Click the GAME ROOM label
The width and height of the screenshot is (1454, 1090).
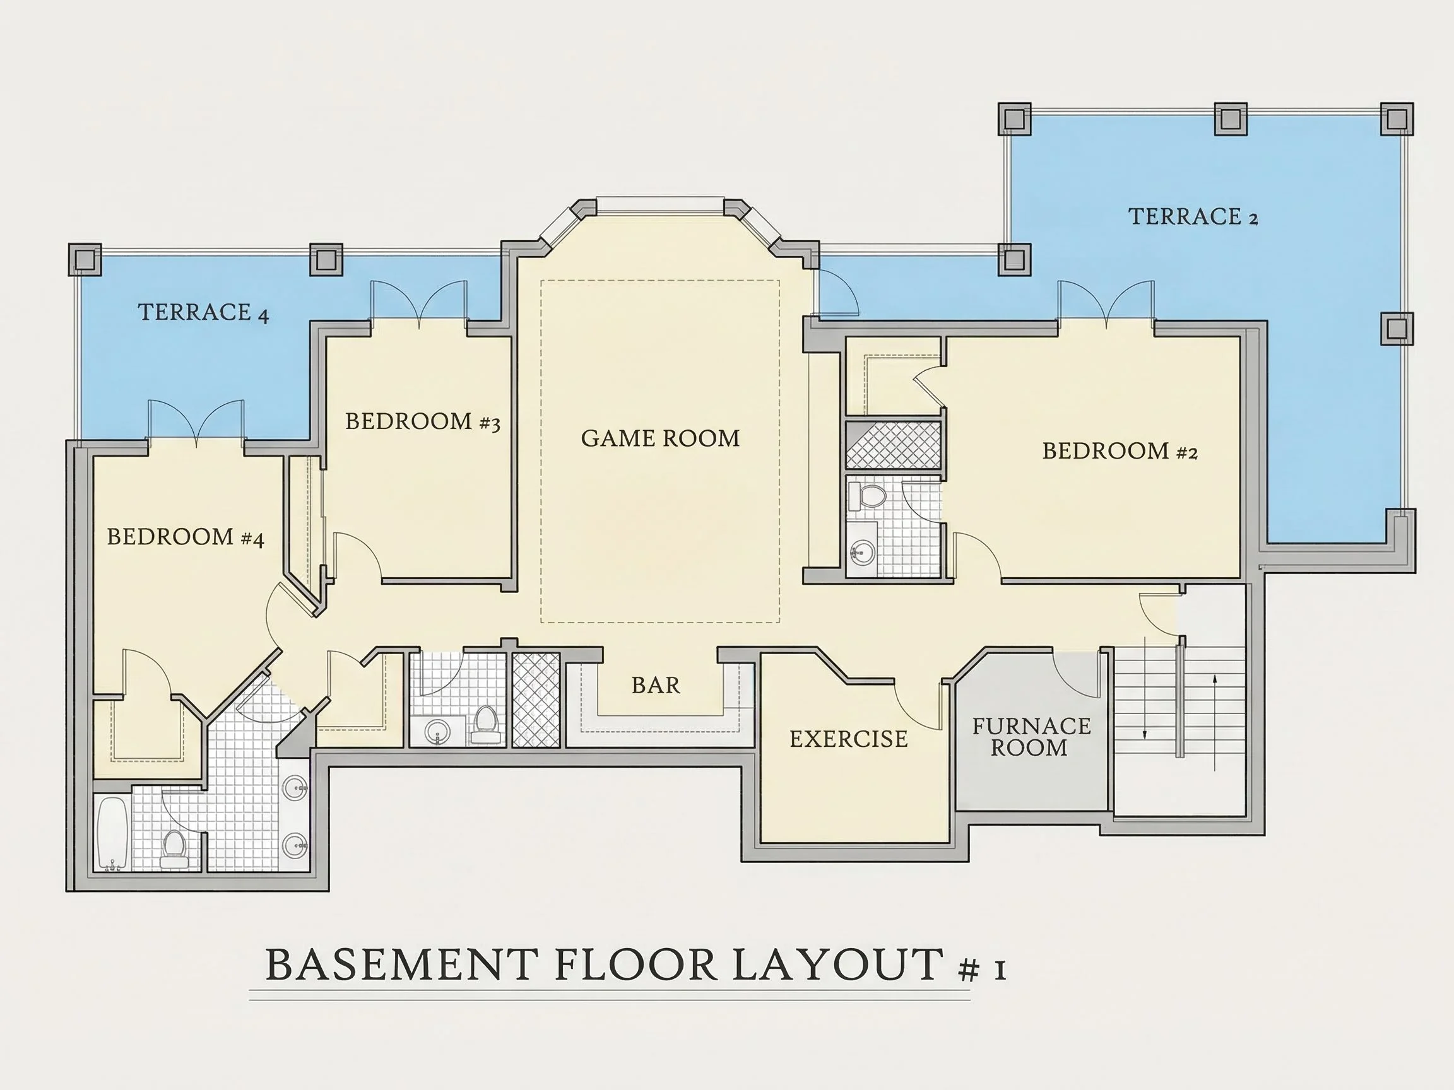(x=661, y=438)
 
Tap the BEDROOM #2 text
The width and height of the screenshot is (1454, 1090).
(x=1120, y=451)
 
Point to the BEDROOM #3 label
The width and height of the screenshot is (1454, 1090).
(x=423, y=421)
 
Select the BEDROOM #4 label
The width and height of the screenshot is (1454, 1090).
(x=186, y=537)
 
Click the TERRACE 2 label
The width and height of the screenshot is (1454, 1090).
(x=1193, y=216)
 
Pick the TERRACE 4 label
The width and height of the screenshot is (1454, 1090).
(x=203, y=312)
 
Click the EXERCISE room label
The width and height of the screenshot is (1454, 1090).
(x=849, y=739)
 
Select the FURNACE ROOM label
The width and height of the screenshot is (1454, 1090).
(x=1031, y=737)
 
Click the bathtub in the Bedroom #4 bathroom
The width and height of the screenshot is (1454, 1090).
(x=112, y=833)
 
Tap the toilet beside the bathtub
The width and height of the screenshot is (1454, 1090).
(x=174, y=849)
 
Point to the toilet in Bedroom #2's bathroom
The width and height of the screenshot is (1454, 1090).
(x=867, y=496)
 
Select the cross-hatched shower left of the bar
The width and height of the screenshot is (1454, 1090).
(x=536, y=700)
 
